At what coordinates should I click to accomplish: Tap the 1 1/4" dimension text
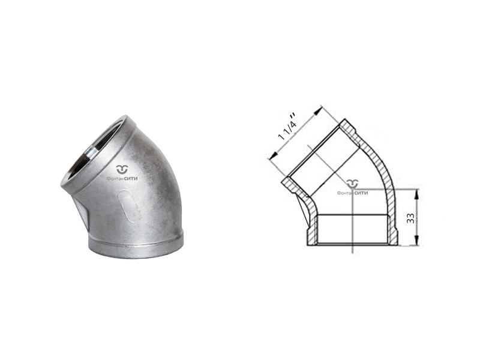[x=287, y=127]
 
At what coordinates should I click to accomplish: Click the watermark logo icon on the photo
[x=124, y=169]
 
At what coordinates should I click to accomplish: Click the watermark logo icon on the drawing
[x=353, y=184]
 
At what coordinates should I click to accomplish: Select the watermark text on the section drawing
[x=352, y=193]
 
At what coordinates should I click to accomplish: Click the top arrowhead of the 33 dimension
[x=416, y=193]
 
